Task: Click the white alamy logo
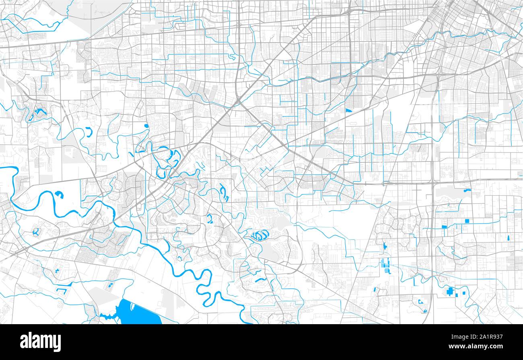pyautogui.click(x=40, y=342)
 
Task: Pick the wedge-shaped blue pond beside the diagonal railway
pyautogui.click(x=348, y=110)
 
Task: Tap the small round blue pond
pyautogui.click(x=146, y=126)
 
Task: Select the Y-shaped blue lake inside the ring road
pyautogui.click(x=36, y=232)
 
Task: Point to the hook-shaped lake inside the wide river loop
pyautogui.click(x=59, y=195)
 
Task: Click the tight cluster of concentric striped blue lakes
pyautogui.click(x=260, y=234)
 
